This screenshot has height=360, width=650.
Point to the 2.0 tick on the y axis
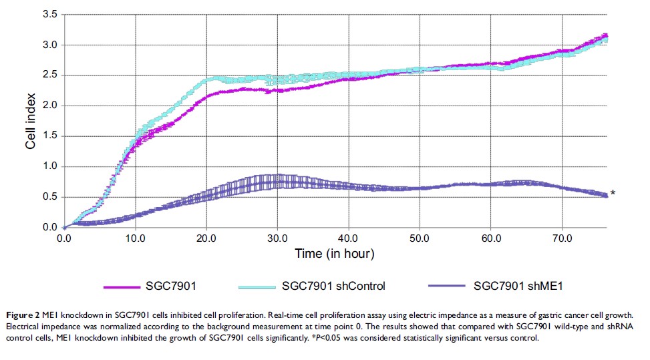pyautogui.click(x=50, y=106)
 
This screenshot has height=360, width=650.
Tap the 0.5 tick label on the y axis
pyautogui.click(x=50, y=197)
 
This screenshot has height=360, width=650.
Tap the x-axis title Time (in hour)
pyautogui.click(x=335, y=254)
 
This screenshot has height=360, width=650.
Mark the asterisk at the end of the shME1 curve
pyautogui.click(x=613, y=194)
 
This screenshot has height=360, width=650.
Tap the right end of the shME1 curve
pyautogui.click(x=606, y=196)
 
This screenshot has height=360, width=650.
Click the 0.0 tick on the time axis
pyautogui.click(x=64, y=237)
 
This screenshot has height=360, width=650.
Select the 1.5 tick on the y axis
pyautogui.click(x=50, y=136)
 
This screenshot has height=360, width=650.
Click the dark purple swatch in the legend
pyautogui.click(x=442, y=287)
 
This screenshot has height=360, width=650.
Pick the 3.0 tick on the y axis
pyautogui.click(x=50, y=45)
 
